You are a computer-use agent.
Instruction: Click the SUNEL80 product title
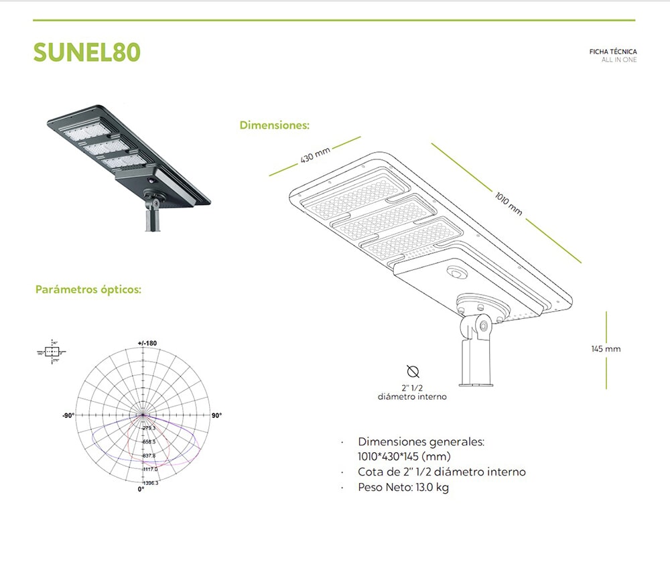(86, 52)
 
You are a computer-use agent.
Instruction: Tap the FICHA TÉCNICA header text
(612, 52)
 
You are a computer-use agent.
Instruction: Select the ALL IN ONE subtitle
(619, 60)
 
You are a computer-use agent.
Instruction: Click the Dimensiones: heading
(274, 125)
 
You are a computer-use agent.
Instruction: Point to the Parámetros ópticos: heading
(88, 290)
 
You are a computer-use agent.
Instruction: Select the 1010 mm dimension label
(509, 202)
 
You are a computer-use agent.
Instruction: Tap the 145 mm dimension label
(606, 349)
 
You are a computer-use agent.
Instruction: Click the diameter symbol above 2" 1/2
(412, 372)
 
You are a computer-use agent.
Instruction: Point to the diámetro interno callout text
(412, 397)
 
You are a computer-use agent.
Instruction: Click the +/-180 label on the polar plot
(147, 344)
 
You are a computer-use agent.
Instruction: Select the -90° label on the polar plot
(68, 416)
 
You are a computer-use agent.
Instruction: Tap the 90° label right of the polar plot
(216, 416)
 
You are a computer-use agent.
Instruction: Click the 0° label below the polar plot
(141, 490)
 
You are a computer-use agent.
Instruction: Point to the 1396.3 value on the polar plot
(150, 483)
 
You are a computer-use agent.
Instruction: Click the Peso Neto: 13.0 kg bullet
(403, 488)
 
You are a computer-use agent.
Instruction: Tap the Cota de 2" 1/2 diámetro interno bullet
(442, 472)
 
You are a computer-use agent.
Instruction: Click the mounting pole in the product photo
(152, 219)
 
